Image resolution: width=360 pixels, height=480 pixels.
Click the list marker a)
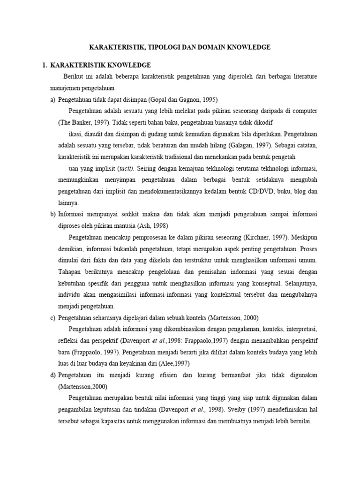[x=53, y=99]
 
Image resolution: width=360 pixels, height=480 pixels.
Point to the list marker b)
[x=53, y=214]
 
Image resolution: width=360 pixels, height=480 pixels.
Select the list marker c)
[x=53, y=317]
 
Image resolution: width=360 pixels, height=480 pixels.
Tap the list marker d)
[x=53, y=375]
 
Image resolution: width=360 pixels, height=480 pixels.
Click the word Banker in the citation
[x=80, y=122]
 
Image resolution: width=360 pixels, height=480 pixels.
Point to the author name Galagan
[x=242, y=145]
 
